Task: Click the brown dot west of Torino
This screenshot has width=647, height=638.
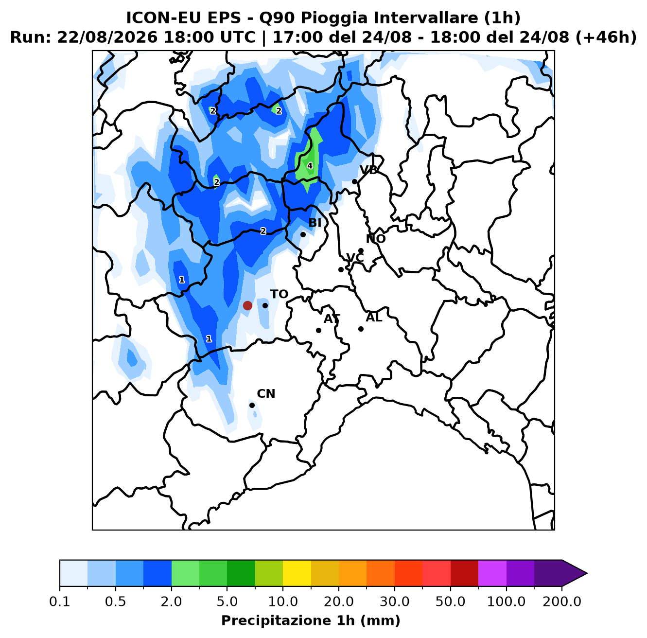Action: (247, 305)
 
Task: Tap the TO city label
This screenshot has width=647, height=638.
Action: (279, 294)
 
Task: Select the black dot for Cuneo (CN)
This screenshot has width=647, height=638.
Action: (252, 405)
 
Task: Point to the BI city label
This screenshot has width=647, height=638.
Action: (315, 223)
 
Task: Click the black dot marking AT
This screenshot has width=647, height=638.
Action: (318, 330)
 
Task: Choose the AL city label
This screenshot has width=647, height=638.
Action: (374, 318)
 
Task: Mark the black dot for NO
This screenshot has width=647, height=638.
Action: (361, 250)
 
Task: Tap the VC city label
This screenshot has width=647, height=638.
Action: (355, 258)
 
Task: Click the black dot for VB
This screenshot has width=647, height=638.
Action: (354, 181)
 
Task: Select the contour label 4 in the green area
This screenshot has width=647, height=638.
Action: (310, 166)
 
